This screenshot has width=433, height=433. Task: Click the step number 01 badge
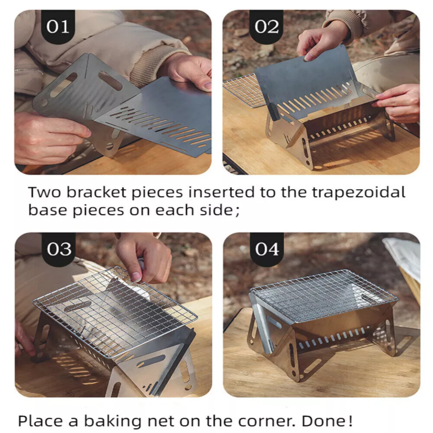tap(58, 27)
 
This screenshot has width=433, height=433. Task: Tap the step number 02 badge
tap(266, 27)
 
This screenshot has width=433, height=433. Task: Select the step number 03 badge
tap(59, 249)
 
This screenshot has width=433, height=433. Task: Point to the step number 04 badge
tap(267, 249)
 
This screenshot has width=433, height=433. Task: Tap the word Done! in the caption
tap(327, 421)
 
